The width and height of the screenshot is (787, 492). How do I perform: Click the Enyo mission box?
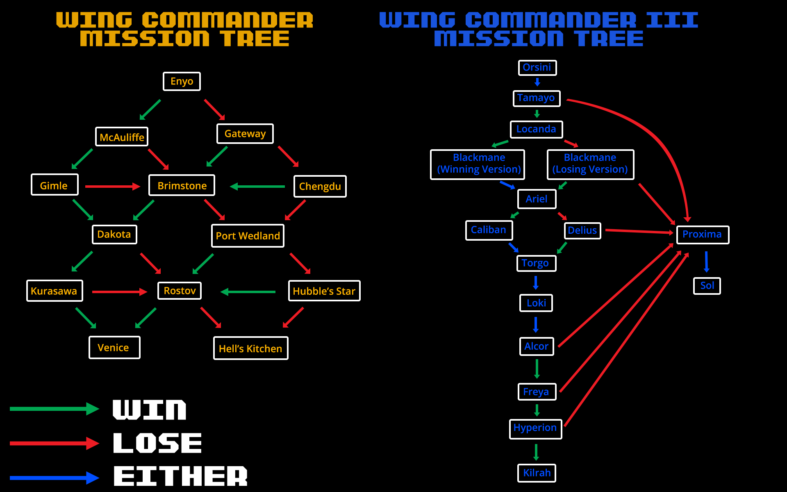point(182,81)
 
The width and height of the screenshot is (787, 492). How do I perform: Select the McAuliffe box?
point(122,137)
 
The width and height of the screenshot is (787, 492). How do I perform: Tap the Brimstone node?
point(182,185)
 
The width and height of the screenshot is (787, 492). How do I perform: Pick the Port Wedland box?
point(248,236)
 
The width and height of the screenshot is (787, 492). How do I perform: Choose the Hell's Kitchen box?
point(250,348)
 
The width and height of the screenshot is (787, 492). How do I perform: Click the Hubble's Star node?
point(324,291)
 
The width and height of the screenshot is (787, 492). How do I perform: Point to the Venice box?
point(114,348)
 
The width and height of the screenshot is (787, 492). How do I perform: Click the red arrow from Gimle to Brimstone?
point(112,187)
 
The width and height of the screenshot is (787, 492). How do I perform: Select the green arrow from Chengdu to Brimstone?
point(257,187)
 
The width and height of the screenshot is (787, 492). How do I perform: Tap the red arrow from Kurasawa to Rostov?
point(119,292)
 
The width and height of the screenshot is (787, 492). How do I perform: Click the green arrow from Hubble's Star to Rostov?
point(248,292)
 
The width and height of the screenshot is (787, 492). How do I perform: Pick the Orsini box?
point(537,68)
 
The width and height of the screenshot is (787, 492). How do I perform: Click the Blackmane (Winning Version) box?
point(478,164)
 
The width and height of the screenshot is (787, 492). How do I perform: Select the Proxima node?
point(702,235)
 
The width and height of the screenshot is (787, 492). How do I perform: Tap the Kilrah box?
point(537,473)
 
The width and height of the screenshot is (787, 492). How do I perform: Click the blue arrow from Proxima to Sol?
point(706,262)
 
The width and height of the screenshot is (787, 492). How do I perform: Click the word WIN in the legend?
point(149,410)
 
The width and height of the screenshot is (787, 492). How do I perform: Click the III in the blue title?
point(672,20)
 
